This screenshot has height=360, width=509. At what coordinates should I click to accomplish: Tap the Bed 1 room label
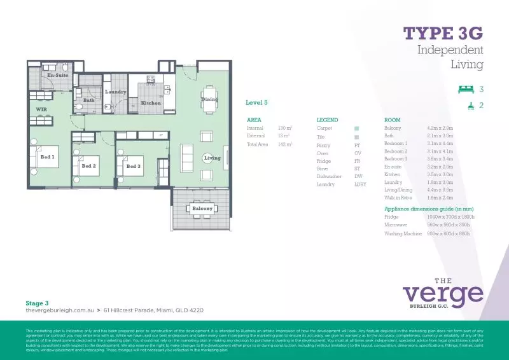point(47,156)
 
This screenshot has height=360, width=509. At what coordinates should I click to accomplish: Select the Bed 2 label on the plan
point(88,166)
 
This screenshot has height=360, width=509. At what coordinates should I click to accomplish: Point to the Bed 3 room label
point(132,166)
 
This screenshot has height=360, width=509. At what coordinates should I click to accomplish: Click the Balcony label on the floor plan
point(202,208)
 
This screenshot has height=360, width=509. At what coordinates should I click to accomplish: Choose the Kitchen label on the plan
point(151,102)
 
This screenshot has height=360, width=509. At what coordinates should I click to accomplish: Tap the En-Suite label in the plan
point(58,75)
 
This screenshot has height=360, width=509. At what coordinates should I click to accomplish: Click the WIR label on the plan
point(42,109)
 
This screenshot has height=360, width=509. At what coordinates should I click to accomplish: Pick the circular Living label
point(212,158)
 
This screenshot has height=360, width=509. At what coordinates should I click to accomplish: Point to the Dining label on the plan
point(209,99)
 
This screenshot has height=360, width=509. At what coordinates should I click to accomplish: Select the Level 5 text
point(256,102)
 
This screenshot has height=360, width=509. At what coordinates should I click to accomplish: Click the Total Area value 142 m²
point(285,144)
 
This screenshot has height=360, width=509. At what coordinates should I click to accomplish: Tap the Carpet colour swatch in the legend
point(357,128)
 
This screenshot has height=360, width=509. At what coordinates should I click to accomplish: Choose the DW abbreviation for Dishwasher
point(358,176)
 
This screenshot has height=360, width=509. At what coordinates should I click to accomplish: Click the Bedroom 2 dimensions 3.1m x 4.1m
point(440,151)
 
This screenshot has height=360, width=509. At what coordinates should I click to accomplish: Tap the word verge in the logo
point(443,294)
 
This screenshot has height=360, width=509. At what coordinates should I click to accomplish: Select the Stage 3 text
point(37,303)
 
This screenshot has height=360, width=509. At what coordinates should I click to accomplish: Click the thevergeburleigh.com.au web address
point(59,310)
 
